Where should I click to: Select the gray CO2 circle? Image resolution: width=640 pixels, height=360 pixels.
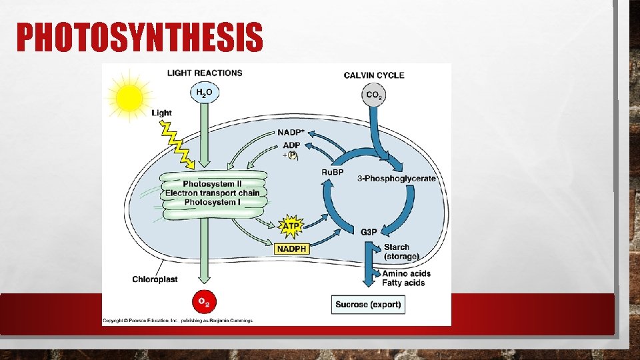coord(375,95)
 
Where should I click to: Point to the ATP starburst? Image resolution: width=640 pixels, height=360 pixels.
coord(291,226)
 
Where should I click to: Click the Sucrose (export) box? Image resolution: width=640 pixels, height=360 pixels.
coord(368,305)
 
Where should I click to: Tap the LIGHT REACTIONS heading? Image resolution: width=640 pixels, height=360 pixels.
coord(205,73)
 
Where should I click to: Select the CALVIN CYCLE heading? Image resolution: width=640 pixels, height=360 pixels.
coord(374,75)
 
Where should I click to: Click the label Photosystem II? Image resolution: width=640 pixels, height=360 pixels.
coord(212,184)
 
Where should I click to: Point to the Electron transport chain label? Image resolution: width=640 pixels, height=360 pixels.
coord(212,193)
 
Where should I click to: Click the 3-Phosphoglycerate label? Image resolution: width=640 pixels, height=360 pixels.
coord(397,179)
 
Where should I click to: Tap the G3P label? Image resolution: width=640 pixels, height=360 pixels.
coord(369,232)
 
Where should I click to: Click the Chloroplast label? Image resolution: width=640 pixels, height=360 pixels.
coord(155,279)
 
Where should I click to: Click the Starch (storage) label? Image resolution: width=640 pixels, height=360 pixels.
coord(401,251)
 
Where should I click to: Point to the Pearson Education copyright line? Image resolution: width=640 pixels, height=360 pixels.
coord(177,321)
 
